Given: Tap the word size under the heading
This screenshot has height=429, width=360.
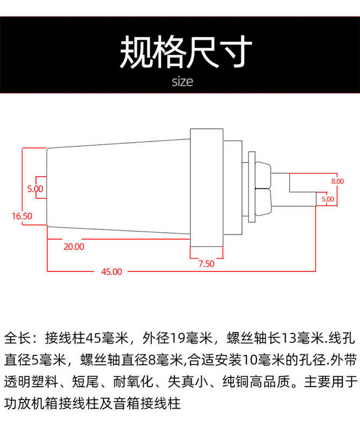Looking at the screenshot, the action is click(182, 82).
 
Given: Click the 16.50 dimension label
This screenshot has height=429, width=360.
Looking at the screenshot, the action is click(22, 216).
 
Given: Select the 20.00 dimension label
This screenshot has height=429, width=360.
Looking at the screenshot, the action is click(74, 247).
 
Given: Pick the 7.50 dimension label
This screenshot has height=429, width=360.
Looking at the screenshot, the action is click(206, 263).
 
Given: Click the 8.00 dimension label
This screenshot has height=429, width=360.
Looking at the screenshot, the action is click(337, 181).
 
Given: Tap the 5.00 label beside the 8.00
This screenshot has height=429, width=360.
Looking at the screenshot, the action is click(327, 199).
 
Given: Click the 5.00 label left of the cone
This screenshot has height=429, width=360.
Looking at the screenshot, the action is click(35, 189).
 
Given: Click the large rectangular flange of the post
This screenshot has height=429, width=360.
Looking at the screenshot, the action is click(207, 187).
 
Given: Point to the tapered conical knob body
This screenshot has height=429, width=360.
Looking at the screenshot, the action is click(118, 187).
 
